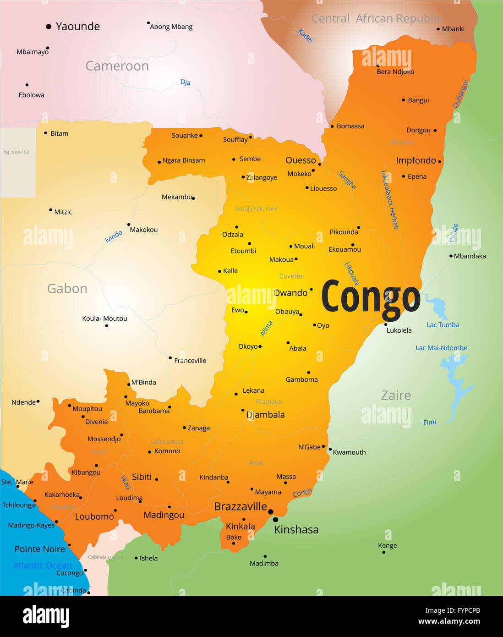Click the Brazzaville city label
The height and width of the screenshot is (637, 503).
point(241,506)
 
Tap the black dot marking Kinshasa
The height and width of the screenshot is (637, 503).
point(275,520)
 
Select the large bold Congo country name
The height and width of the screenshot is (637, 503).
point(371,297)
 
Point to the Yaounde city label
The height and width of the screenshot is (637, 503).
point(77,27)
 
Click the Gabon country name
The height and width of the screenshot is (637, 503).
point(67,289)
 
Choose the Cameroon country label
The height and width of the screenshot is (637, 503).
point(117,66)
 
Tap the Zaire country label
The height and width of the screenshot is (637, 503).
point(396,395)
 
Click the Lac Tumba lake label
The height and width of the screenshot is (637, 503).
point(443,325)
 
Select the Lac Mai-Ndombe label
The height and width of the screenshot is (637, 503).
point(441,348)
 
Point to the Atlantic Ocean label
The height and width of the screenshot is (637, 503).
point(42,566)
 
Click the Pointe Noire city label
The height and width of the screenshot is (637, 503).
point(40,549)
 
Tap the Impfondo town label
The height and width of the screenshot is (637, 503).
point(416,160)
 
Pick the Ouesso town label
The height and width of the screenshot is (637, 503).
point(301,160)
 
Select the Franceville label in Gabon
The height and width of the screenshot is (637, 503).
point(190,361)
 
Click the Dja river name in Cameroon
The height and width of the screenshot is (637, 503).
point(185,82)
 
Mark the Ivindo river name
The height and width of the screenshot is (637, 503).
point(114,236)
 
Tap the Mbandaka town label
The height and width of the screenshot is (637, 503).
point(470,256)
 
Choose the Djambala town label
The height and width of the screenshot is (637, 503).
point(266,415)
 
